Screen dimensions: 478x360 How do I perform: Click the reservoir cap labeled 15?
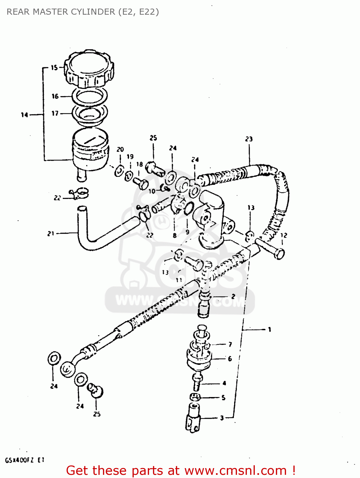89,69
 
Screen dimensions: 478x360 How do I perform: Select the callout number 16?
55,96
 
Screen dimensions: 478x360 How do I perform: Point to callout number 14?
25,115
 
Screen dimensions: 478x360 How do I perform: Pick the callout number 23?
249,139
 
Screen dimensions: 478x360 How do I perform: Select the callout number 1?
270,329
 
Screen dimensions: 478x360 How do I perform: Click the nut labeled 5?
195,397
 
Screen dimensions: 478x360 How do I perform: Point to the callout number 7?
230,344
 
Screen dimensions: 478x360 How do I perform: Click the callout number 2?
233,296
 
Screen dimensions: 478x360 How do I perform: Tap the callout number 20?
120,149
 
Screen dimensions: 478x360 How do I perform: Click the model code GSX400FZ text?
19,460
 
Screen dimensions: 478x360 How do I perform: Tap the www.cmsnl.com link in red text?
235,470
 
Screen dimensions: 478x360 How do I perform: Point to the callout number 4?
224,383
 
